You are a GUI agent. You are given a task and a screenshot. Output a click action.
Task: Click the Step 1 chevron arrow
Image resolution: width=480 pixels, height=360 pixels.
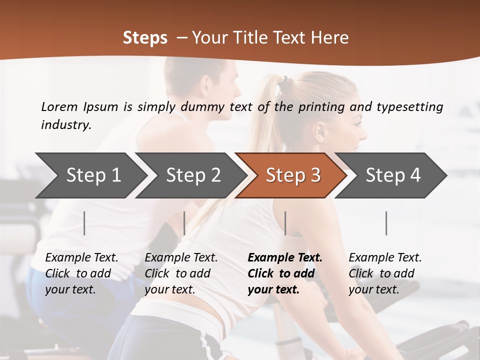[x=93, y=175]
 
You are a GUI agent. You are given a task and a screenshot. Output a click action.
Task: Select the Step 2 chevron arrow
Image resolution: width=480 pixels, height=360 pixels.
[x=193, y=175]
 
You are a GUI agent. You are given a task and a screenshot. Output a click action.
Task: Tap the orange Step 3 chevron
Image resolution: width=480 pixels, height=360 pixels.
[x=293, y=175]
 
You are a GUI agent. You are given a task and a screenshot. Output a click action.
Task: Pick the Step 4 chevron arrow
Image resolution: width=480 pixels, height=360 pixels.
[x=393, y=175]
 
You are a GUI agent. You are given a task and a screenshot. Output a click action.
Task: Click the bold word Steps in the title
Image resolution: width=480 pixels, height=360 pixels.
[x=145, y=38]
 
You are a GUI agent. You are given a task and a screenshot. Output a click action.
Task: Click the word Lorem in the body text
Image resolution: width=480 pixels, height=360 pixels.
[x=59, y=107]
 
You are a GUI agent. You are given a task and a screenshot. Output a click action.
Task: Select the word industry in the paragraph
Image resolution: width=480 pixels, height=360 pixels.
[x=65, y=125]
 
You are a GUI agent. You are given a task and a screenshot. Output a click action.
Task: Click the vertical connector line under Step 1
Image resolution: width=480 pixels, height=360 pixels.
[x=84, y=223]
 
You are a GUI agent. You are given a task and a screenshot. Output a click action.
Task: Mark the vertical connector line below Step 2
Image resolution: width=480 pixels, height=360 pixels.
[x=184, y=223]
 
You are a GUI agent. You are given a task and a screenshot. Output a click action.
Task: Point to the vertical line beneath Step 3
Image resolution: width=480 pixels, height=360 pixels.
[x=285, y=223]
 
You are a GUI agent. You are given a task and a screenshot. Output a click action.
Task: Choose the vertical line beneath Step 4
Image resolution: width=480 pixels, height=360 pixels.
[x=386, y=223]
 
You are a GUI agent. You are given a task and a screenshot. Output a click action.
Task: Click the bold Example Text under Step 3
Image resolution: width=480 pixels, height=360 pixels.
[x=285, y=258]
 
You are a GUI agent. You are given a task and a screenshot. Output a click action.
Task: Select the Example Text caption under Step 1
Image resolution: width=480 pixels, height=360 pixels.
[x=81, y=258]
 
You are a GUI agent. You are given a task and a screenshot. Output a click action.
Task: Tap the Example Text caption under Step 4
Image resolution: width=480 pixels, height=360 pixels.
[x=385, y=258]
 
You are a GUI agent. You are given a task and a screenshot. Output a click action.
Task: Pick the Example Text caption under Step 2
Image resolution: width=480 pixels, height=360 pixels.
[x=181, y=258]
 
